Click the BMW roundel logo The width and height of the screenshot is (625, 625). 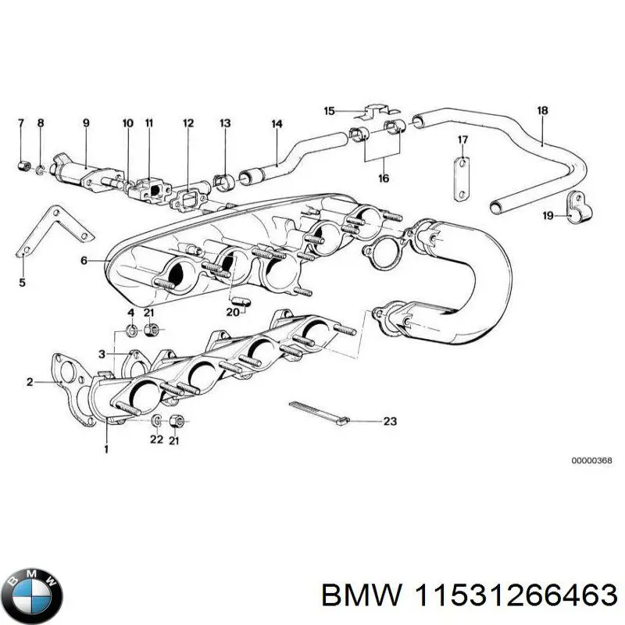pyautogui.click(x=32, y=584)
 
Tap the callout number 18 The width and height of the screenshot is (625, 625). pyautogui.click(x=542, y=111)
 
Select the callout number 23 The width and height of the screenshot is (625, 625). pyautogui.click(x=390, y=422)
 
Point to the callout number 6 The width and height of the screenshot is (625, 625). pyautogui.click(x=84, y=260)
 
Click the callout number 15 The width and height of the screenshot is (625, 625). pyautogui.click(x=329, y=111)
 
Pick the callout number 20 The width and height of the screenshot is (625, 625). pyautogui.click(x=230, y=312)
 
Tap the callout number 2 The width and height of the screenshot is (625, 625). pyautogui.click(x=30, y=382)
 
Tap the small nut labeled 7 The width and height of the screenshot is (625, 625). pyautogui.click(x=23, y=166)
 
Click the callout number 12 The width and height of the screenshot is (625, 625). pyautogui.click(x=188, y=123)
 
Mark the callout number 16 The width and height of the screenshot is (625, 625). pyautogui.click(x=383, y=179)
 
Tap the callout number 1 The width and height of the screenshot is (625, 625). pyautogui.click(x=106, y=448)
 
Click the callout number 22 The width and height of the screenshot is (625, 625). pyautogui.click(x=156, y=440)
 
